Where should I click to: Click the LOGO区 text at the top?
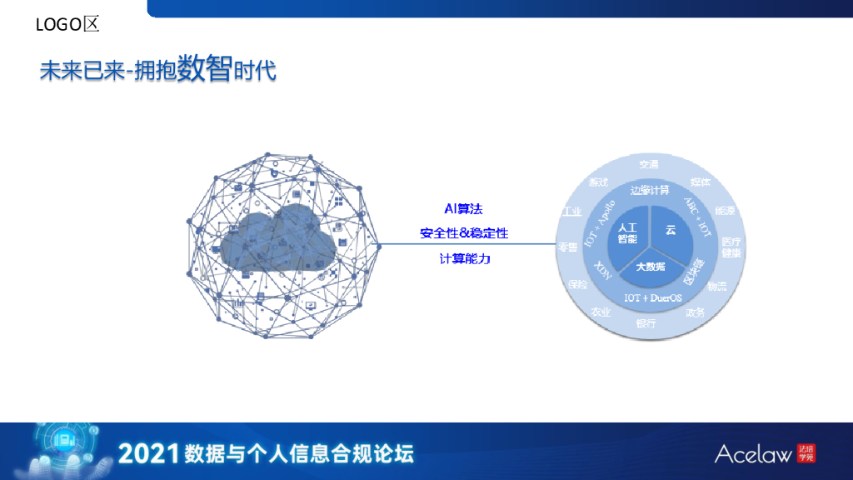coord(67,25)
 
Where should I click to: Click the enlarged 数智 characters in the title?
coord(203,68)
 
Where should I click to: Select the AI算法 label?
coord(464,208)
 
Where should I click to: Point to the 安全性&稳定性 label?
coord(464,233)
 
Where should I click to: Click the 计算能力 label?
coord(465,259)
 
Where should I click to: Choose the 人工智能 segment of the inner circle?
coord(627,232)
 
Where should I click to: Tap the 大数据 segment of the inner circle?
coord(651,267)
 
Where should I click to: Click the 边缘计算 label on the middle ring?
coord(650,189)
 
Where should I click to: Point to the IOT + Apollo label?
coord(600,222)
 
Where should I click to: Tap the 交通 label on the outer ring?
coord(649,164)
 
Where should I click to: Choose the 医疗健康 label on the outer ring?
coord(731,247)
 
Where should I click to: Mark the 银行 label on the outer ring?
coord(646,323)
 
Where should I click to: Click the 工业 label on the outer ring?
coord(571,212)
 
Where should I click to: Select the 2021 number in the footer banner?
coord(149,454)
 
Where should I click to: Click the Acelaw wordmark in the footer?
coord(753,454)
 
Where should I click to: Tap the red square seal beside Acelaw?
coord(806,453)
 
